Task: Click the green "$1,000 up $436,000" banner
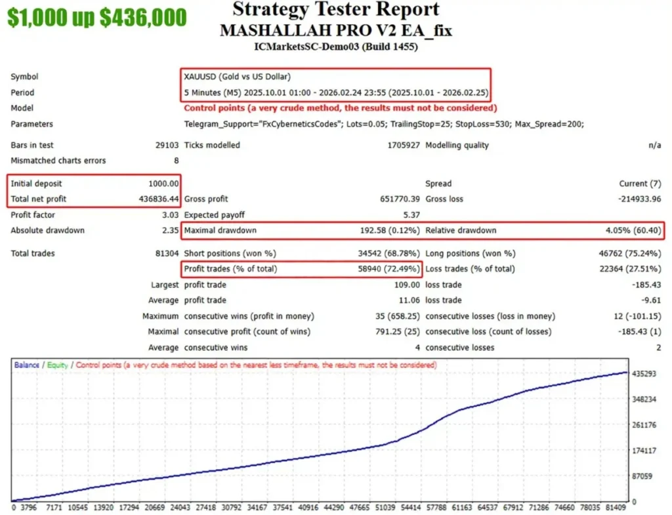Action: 97,18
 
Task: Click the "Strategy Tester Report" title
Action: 336,10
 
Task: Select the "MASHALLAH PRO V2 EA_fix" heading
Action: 336,30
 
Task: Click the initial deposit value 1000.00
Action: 163,184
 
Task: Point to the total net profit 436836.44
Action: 155,199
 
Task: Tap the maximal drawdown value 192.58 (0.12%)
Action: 385,230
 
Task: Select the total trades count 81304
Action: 165,253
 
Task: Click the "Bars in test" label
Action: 32,145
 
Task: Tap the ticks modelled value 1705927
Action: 404,145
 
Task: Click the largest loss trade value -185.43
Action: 642,285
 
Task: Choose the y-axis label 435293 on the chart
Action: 644,374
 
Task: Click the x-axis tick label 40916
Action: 308,507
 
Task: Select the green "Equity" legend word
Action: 58,365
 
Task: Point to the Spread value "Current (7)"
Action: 640,184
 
